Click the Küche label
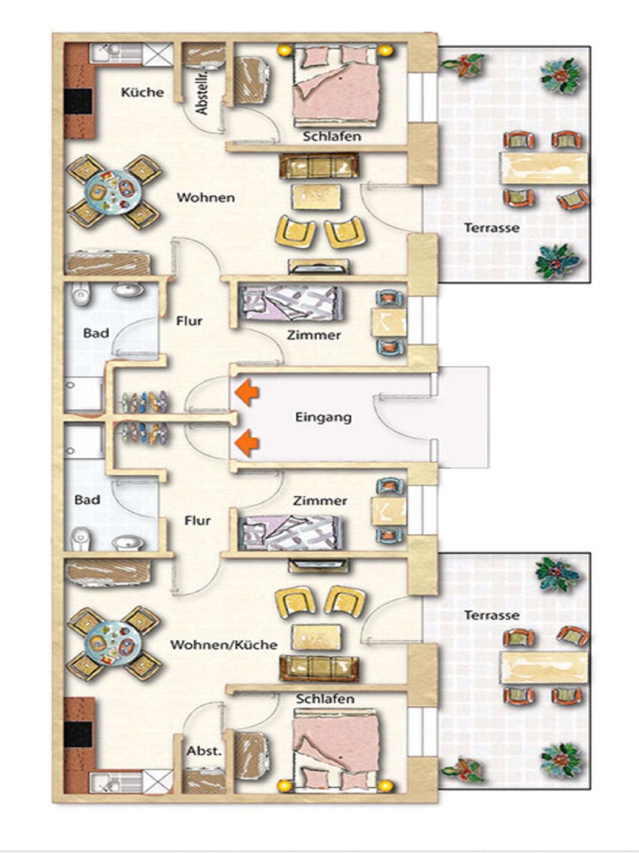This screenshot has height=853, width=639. pos(142,92)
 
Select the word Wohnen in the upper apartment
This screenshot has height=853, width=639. pos(206,197)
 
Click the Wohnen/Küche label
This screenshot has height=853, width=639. pos(224,645)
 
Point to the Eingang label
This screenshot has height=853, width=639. pos(323,417)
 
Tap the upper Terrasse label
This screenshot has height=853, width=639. pos(492,228)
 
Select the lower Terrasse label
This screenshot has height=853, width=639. pos(492,615)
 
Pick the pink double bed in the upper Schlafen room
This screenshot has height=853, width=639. pos(336,85)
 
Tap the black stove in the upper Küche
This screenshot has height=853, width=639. pos(78,101)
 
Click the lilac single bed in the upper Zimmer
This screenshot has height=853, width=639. pos(293,302)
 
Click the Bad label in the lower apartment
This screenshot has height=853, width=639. pos(87,499)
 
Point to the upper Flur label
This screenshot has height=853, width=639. pos(189,321)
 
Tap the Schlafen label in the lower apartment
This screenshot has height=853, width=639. pos(325,698)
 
